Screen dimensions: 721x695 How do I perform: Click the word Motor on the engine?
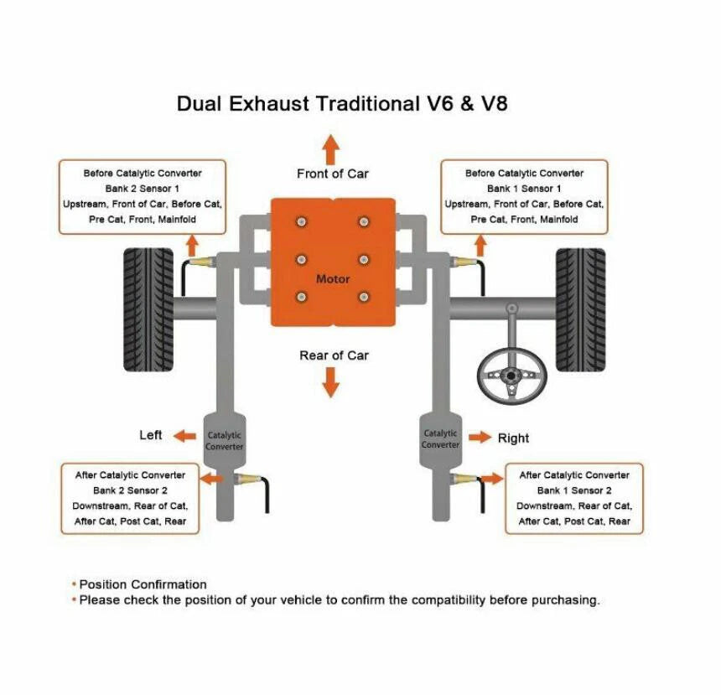point(333,278)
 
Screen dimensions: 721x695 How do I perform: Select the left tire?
point(148,309)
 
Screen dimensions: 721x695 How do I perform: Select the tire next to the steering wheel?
point(580,309)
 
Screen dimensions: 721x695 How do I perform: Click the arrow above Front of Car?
point(330,149)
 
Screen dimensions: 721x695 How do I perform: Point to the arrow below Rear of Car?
point(330,381)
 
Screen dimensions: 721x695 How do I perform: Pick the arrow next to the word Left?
point(184,436)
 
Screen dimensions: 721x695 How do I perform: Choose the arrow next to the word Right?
point(480,437)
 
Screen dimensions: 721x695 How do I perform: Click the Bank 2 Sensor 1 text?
point(142,189)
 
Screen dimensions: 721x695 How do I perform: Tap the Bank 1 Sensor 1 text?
point(524,189)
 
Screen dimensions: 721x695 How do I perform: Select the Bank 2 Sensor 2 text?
point(130,490)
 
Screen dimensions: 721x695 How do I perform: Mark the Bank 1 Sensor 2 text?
point(574,490)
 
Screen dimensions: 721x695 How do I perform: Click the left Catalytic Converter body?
point(225,440)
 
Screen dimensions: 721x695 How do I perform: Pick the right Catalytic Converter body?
point(440,439)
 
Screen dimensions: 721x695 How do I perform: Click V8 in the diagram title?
point(495,103)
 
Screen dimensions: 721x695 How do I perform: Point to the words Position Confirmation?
point(143,584)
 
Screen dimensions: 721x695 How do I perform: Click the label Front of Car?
point(333,174)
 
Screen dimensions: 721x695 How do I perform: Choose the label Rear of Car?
point(334,355)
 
